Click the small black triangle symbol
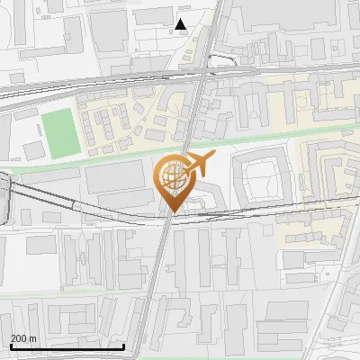[x=181, y=24]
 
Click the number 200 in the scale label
[x=19, y=338]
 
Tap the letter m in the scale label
[x=33, y=338]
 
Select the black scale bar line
[x=67, y=346]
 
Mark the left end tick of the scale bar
[x=11, y=345]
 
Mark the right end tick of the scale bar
[x=124, y=345]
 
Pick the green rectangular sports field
[x=61, y=132]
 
